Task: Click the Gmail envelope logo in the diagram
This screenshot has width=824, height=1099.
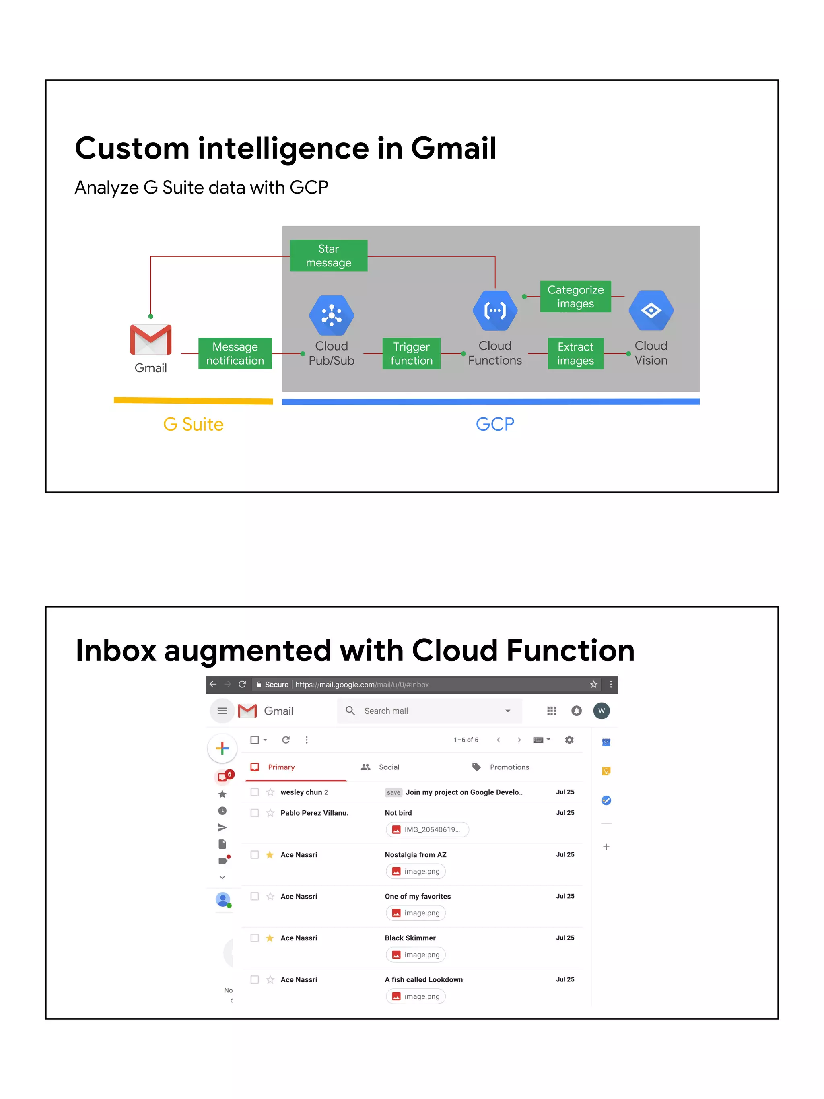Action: point(150,339)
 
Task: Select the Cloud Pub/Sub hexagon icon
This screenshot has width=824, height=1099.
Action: point(331,315)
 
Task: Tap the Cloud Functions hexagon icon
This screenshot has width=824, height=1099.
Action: point(495,311)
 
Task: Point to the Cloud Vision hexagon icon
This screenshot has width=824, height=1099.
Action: point(651,311)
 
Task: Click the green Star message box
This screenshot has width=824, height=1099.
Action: point(328,256)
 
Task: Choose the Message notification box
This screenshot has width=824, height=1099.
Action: point(235,353)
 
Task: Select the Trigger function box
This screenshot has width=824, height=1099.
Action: point(411,353)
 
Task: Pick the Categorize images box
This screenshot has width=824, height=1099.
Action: point(575,296)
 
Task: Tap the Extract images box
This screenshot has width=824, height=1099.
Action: point(575,353)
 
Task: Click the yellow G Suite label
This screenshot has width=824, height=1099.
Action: point(193,424)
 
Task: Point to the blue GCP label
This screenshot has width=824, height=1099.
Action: point(495,424)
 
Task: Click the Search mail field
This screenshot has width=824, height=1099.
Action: point(430,711)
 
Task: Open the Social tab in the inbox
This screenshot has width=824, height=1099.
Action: point(388,767)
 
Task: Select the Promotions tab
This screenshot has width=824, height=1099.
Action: point(509,767)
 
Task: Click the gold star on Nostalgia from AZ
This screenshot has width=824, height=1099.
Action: point(270,855)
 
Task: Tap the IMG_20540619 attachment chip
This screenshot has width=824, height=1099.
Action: point(427,829)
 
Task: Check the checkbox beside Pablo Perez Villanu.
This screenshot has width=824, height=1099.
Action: point(255,813)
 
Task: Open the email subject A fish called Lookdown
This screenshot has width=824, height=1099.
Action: point(424,979)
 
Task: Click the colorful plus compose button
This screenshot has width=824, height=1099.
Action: point(222,748)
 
